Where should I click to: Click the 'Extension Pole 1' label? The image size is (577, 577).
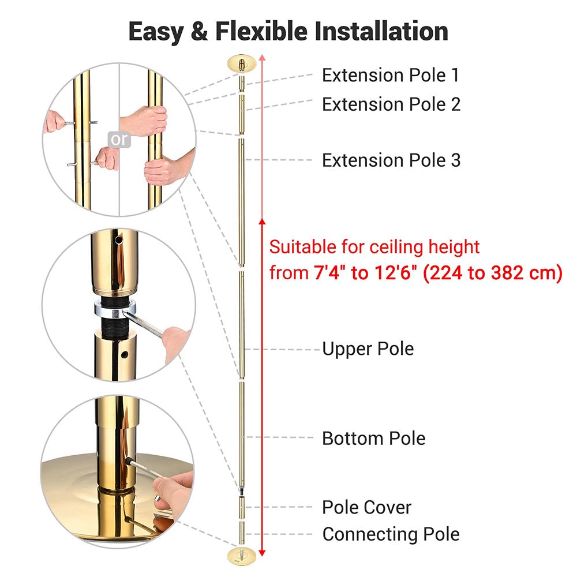[x=391, y=76]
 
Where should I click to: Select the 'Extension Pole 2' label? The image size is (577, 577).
[x=391, y=104]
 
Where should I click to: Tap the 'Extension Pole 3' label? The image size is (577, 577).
[x=391, y=160]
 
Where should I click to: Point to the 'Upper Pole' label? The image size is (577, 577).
[x=368, y=349]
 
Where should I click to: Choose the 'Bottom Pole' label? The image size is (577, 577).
[x=373, y=439]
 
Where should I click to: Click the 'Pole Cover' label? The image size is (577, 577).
[x=366, y=507]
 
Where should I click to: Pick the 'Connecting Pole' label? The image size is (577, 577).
[x=391, y=535]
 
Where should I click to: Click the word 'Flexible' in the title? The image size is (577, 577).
[x=261, y=31]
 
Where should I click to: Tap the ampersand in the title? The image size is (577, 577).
[x=199, y=31]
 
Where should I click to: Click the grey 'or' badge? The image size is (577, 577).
[x=119, y=140]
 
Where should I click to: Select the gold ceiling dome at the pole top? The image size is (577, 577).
[x=241, y=64]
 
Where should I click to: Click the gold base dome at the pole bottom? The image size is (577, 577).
[x=241, y=555]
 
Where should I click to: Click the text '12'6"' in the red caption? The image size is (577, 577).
[x=396, y=273]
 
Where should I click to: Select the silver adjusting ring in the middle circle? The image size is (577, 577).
[x=115, y=309]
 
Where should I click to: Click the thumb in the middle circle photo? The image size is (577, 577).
[x=177, y=343]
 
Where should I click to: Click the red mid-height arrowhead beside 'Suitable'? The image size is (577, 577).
[x=262, y=222]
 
